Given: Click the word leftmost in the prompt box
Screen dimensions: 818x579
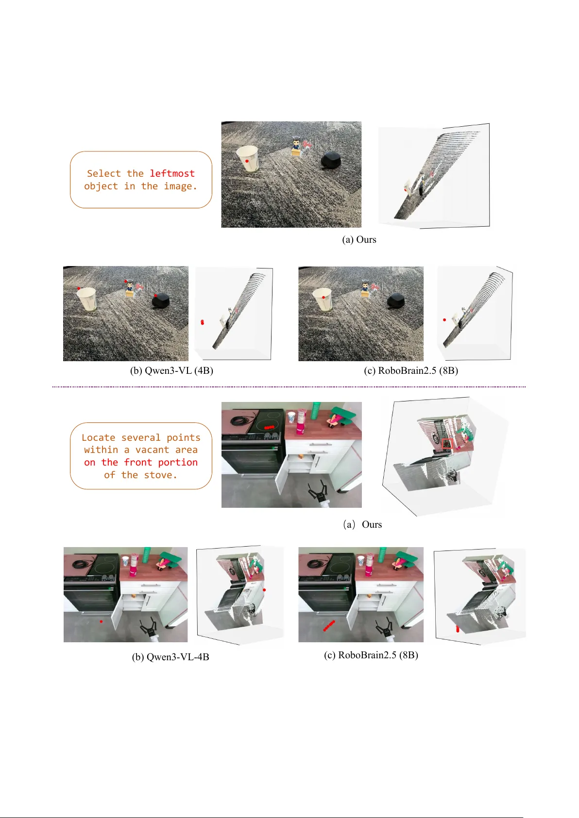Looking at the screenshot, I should click(x=172, y=173).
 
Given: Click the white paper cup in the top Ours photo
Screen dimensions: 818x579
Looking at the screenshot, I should click(x=247, y=158).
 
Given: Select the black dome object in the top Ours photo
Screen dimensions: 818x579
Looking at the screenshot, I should click(x=332, y=160).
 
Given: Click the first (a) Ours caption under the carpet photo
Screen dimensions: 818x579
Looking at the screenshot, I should click(x=359, y=239).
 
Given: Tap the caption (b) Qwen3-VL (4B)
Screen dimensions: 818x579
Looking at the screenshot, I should click(x=171, y=370).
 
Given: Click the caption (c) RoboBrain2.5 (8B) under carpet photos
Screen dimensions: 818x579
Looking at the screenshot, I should click(x=410, y=370).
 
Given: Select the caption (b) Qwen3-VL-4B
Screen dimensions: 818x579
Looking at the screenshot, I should click(x=170, y=657).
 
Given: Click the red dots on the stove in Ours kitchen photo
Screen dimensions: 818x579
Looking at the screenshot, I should click(x=269, y=427).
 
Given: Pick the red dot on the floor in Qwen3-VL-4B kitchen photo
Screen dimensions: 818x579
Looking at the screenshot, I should click(x=101, y=621).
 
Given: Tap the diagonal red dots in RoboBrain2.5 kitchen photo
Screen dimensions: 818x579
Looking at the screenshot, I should click(x=329, y=625).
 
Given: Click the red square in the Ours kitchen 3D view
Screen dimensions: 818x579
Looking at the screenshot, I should click(x=447, y=443).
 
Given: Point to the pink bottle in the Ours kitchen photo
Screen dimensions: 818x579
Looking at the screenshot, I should click(x=301, y=424).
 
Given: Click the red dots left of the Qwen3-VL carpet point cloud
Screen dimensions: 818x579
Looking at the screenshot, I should click(x=203, y=322).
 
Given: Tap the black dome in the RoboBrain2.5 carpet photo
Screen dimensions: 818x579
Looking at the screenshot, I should click(x=396, y=301).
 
